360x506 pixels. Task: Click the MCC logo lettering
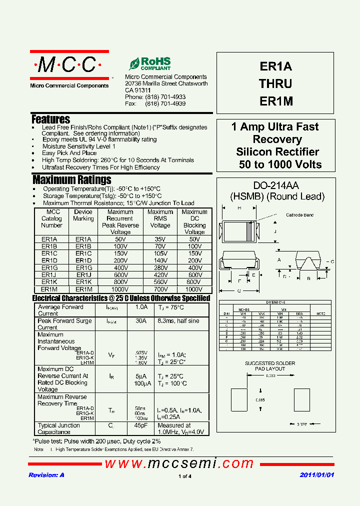(x=69, y=65)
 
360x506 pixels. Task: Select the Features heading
(x=50, y=119)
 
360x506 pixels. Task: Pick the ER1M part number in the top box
(x=276, y=100)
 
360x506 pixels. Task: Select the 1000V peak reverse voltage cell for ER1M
(x=120, y=289)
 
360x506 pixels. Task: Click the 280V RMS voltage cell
(x=160, y=267)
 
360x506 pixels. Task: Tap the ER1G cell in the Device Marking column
(x=83, y=267)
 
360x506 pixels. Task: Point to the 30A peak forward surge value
(x=141, y=321)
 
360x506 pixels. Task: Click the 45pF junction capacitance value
(x=141, y=425)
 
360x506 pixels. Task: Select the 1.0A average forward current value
(x=141, y=307)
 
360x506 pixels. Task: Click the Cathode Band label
(x=299, y=215)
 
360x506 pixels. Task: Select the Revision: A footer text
(x=46, y=475)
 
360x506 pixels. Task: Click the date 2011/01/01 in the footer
(x=316, y=475)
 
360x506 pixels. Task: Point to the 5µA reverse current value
(x=141, y=376)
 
